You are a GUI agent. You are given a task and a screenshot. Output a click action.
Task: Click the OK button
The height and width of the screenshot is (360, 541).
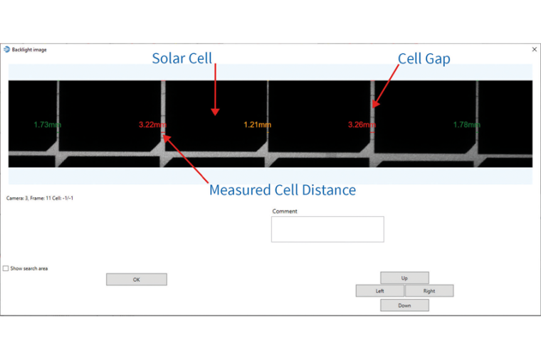pyautogui.click(x=136, y=280)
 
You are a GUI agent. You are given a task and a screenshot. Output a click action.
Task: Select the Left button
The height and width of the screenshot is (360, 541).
pyautogui.click(x=380, y=291)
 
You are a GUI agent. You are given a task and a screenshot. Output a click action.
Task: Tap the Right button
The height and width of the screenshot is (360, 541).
pyautogui.click(x=429, y=291)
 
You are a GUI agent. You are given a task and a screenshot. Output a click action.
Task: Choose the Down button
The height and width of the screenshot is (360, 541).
pyautogui.click(x=404, y=305)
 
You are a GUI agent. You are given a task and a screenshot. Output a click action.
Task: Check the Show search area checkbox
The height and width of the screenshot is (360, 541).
pyautogui.click(x=6, y=268)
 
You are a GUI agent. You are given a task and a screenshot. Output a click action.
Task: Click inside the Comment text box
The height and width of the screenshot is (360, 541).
pyautogui.click(x=327, y=229)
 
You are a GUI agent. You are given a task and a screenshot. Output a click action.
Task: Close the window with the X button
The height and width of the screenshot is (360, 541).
pyautogui.click(x=535, y=49)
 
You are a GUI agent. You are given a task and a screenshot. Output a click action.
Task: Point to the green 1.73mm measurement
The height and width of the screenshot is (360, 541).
pyautogui.click(x=47, y=125)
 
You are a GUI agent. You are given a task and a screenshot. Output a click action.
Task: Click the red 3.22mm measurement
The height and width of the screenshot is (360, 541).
pyautogui.click(x=152, y=125)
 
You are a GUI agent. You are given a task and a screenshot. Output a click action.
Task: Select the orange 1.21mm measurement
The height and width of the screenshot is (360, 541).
pyautogui.click(x=257, y=125)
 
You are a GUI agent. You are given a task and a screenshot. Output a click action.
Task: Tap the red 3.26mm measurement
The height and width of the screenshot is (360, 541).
pyautogui.click(x=362, y=125)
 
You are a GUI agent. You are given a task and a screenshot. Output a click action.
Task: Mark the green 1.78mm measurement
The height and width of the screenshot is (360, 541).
pyautogui.click(x=467, y=125)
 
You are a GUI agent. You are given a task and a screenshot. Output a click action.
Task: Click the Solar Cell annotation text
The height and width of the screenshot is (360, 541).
pyautogui.click(x=182, y=58)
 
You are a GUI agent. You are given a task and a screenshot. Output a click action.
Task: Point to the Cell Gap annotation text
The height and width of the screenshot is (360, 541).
pyautogui.click(x=424, y=58)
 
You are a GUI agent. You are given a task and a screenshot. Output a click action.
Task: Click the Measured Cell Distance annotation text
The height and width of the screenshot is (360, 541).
pyautogui.click(x=282, y=190)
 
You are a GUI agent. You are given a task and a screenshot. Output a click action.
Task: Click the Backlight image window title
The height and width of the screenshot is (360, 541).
pyautogui.click(x=29, y=50)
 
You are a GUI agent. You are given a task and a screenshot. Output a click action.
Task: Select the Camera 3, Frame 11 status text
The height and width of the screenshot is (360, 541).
pyautogui.click(x=40, y=198)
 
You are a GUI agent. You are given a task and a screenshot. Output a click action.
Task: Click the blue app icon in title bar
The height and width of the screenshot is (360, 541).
pyautogui.click(x=7, y=50)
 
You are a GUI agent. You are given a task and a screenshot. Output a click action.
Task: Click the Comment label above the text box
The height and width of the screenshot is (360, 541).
pyautogui.click(x=285, y=211)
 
